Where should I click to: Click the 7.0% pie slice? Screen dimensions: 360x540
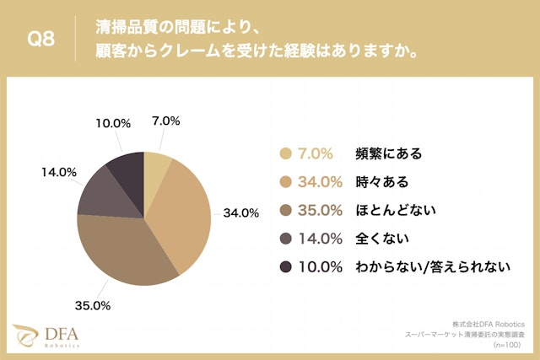(156, 163)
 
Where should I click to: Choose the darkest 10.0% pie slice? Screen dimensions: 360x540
(127, 169)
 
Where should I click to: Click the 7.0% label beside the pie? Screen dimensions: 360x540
(165, 121)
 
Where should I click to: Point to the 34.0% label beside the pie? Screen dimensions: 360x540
(240, 212)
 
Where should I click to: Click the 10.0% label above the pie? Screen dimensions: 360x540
(113, 123)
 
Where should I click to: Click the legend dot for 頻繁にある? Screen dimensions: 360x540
(284, 153)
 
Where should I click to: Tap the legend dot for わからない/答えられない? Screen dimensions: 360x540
(284, 267)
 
